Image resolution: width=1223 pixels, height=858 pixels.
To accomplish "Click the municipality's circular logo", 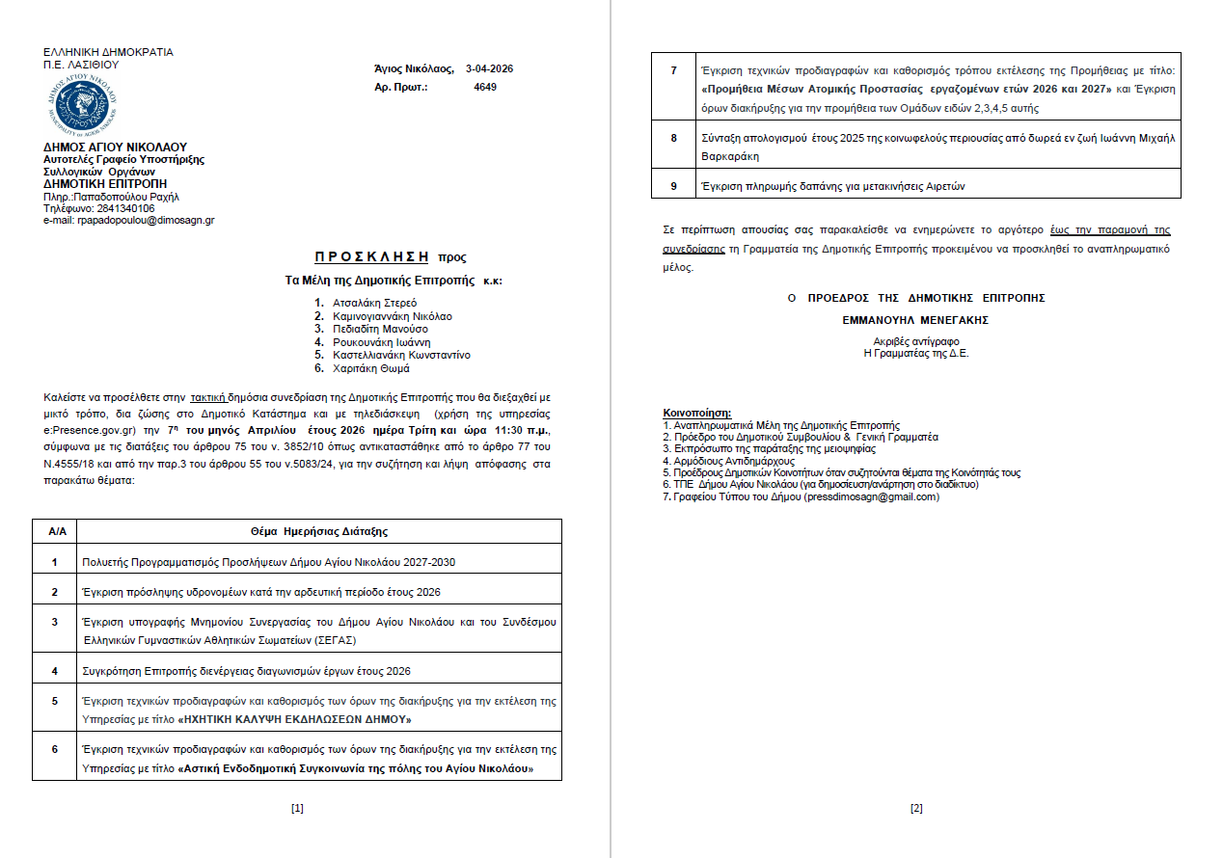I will point(80,105).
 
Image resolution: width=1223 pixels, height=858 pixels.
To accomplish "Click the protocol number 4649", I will point(485,87).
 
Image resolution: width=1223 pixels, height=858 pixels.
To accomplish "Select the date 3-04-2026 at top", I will point(489,68).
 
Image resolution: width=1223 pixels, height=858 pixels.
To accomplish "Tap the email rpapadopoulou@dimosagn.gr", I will point(145,220).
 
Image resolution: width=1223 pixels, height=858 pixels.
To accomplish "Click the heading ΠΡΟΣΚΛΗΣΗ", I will point(371,257).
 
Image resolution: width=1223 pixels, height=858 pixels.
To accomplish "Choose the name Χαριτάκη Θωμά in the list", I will point(371,368).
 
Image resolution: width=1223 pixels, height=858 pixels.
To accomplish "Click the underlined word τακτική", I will point(208,396).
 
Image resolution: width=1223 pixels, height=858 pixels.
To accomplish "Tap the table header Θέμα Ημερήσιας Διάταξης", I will point(318,531).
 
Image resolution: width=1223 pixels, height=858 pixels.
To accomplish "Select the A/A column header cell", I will point(55,531).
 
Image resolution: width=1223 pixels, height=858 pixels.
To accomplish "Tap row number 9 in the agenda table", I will point(674,186).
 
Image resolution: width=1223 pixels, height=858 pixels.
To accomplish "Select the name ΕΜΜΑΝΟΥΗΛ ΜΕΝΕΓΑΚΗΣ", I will point(915,320).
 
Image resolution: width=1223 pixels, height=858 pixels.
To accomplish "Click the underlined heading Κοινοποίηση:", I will point(696,413).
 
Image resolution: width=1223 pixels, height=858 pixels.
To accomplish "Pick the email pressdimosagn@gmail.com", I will point(871,496).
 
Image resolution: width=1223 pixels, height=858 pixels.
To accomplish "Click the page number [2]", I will point(916,808).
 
